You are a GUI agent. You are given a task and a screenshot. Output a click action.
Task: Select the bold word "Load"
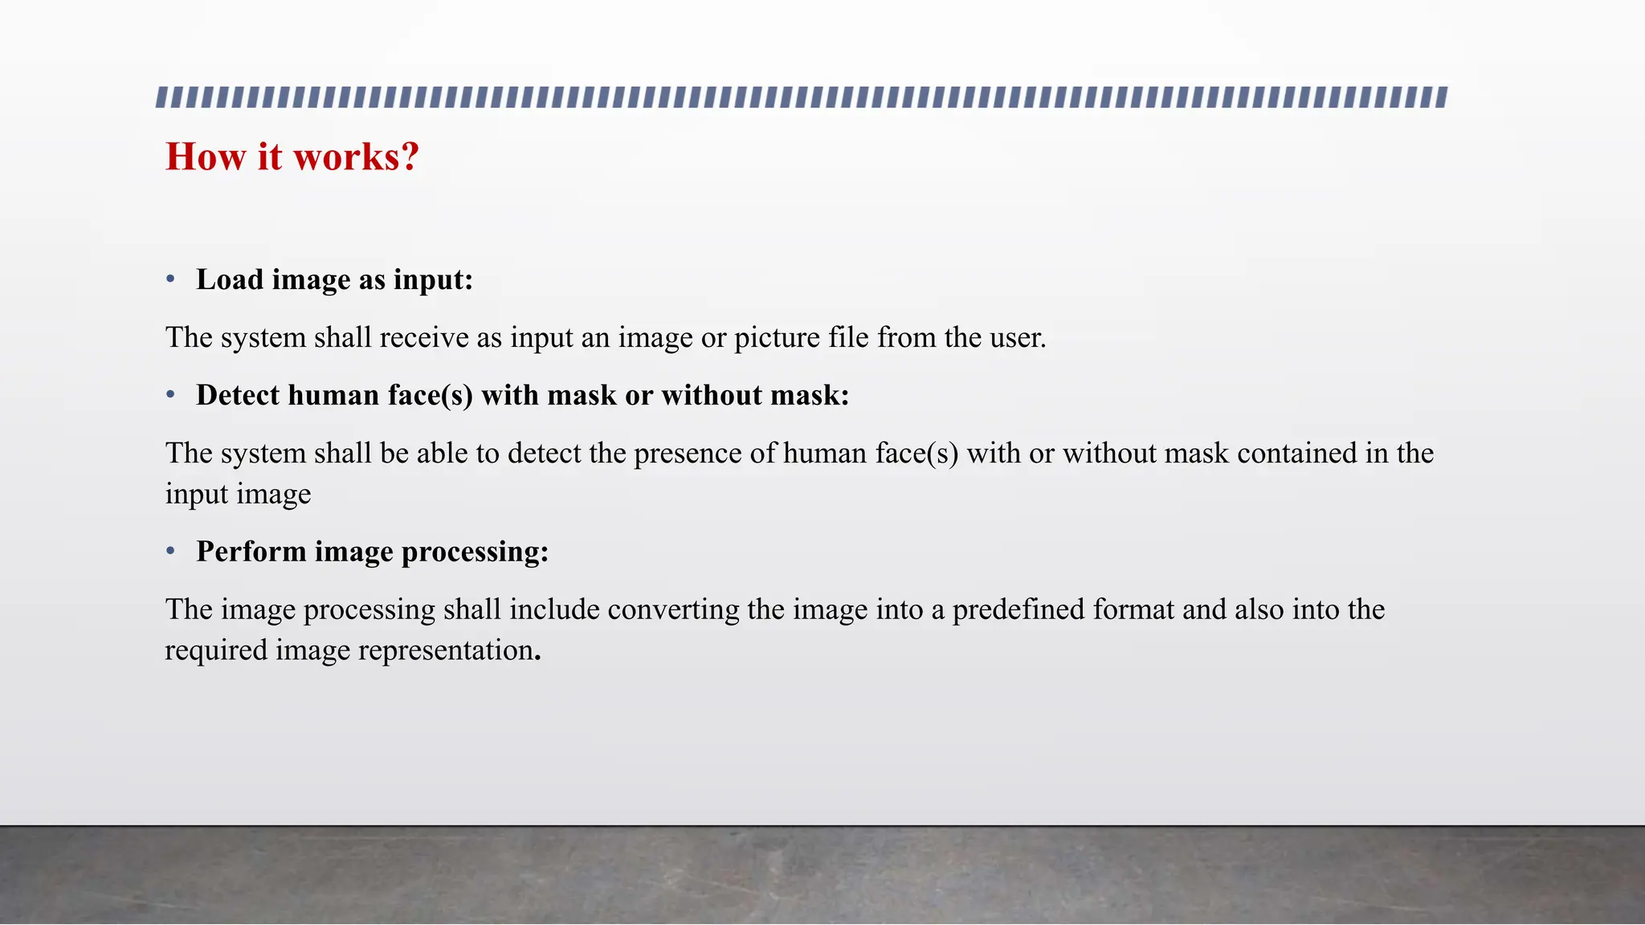pyautogui.click(x=230, y=279)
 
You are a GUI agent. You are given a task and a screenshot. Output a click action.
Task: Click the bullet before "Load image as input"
pyautogui.click(x=170, y=279)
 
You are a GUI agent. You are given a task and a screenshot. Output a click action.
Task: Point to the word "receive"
pyautogui.click(x=424, y=337)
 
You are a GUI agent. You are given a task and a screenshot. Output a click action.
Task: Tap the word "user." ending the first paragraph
pyautogui.click(x=1018, y=337)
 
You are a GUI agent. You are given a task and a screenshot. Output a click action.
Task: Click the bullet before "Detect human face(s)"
pyautogui.click(x=170, y=395)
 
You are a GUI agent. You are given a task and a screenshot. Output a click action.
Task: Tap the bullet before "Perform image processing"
pyautogui.click(x=170, y=552)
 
